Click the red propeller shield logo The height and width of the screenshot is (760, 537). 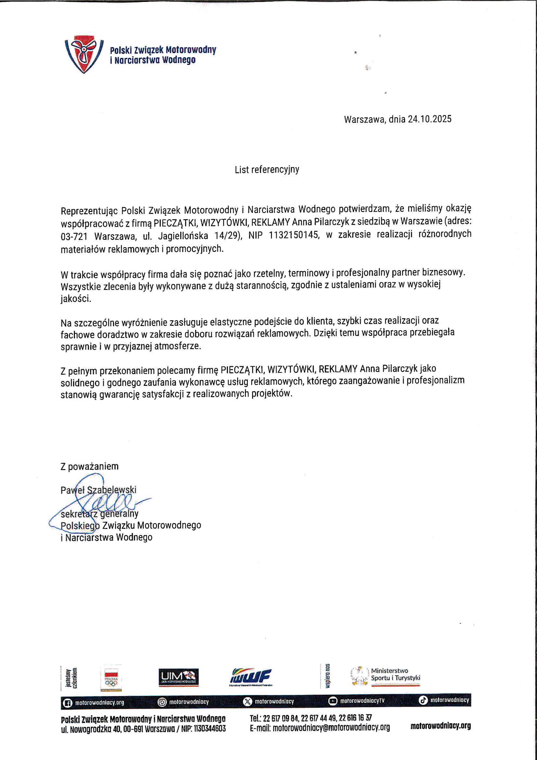[84, 54]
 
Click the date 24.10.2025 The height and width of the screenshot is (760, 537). [429, 119]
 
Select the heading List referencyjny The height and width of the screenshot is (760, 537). [267, 170]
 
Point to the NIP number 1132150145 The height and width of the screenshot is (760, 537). [294, 235]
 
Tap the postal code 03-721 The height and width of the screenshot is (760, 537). [74, 236]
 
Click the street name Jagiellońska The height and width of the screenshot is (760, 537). [183, 236]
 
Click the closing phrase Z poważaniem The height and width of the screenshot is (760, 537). [89, 466]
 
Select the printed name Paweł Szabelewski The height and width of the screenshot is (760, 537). [98, 490]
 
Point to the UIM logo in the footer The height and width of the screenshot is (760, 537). [179, 677]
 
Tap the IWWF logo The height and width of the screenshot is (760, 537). [251, 676]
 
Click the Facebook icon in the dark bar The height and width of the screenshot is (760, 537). [68, 702]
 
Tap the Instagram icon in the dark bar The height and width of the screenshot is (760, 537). [162, 702]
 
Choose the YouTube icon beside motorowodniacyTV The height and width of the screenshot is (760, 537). [333, 701]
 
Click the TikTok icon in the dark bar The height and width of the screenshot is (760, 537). [423, 700]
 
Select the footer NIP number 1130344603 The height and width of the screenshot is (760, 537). [210, 728]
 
